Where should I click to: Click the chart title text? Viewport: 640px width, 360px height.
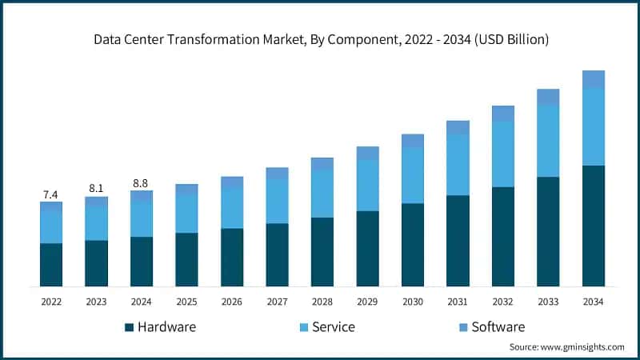(320, 38)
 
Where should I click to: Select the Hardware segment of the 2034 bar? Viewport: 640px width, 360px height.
(593, 226)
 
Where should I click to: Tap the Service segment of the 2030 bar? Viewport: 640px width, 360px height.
(412, 175)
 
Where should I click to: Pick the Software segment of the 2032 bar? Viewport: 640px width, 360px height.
(502, 114)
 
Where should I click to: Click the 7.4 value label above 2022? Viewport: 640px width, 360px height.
(50, 195)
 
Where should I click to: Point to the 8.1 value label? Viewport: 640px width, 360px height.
(96, 189)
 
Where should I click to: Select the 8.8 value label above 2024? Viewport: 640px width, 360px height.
(141, 183)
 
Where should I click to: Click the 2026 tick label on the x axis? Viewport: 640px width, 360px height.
(231, 302)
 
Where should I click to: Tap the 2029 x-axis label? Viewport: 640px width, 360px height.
(367, 302)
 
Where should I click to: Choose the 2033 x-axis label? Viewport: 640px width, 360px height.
(548, 302)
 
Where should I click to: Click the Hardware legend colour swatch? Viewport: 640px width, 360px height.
(129, 327)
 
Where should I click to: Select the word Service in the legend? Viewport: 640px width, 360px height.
(334, 327)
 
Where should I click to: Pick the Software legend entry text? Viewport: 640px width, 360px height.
(498, 327)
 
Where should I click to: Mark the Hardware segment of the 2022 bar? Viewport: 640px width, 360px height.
(50, 265)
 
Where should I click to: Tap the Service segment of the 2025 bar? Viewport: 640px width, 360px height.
(186, 214)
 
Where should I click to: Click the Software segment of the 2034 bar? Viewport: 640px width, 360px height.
(593, 79)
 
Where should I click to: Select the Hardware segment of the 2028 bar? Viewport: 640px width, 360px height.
(322, 252)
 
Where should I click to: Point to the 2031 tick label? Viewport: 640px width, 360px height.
(458, 302)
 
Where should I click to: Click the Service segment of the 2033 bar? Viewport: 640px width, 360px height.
(548, 141)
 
